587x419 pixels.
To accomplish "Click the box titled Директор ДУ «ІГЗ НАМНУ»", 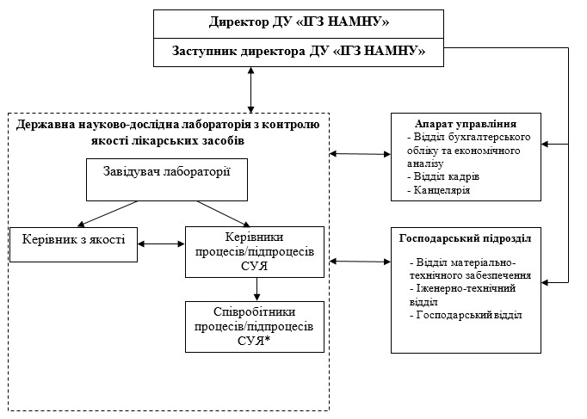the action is click(x=299, y=24).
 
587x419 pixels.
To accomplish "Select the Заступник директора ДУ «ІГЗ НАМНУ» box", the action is click(x=299, y=52).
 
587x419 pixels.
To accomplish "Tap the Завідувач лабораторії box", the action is click(x=167, y=180).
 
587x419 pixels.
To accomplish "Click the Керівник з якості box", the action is click(x=73, y=244).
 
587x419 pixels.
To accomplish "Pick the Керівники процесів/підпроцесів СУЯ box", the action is click(x=255, y=252).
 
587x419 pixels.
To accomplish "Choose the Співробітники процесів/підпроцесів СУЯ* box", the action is click(x=255, y=327).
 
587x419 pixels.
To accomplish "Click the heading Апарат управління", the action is click(x=466, y=124).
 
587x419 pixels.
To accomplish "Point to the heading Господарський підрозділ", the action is click(x=466, y=238).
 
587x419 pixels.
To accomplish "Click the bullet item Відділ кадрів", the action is click(x=443, y=176).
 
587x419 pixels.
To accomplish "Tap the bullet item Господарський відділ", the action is click(x=466, y=315).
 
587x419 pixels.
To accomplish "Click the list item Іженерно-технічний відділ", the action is click(x=463, y=295).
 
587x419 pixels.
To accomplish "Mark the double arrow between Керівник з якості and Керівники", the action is click(x=161, y=244).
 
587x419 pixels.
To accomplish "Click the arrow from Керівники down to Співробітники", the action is click(x=256, y=289).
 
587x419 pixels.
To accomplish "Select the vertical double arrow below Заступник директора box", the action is click(x=250, y=89).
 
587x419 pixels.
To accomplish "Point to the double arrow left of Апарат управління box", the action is click(x=360, y=154).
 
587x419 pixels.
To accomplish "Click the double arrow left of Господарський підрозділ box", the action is click(x=360, y=262).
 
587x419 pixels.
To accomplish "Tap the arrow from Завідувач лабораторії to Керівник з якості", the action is click(x=108, y=214).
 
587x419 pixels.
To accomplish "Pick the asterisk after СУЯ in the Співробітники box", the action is click(x=268, y=339).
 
